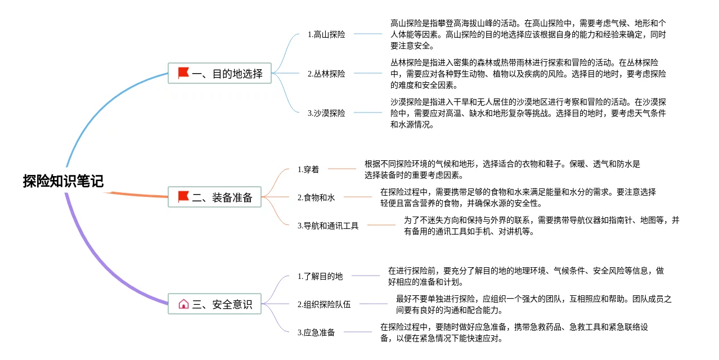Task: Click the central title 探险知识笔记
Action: (63, 181)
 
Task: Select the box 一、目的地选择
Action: (219, 73)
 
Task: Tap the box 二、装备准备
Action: (214, 197)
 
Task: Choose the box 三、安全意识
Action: (214, 304)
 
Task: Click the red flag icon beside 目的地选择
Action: (183, 73)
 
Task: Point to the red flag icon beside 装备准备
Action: (183, 197)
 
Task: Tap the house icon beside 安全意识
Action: (183, 304)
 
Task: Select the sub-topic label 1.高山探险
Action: (326, 34)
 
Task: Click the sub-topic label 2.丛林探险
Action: (326, 74)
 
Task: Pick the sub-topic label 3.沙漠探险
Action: (326, 113)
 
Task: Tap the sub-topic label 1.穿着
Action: (308, 169)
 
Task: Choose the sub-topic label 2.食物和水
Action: (316, 197)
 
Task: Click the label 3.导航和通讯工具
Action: (328, 226)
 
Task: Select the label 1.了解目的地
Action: (320, 276)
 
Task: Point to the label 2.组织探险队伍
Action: (324, 304)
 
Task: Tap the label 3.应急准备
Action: (316, 332)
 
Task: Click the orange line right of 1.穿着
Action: (342, 169)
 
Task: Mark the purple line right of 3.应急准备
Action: (358, 332)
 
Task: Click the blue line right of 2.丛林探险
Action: (367, 73)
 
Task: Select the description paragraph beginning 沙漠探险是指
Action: (528, 113)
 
